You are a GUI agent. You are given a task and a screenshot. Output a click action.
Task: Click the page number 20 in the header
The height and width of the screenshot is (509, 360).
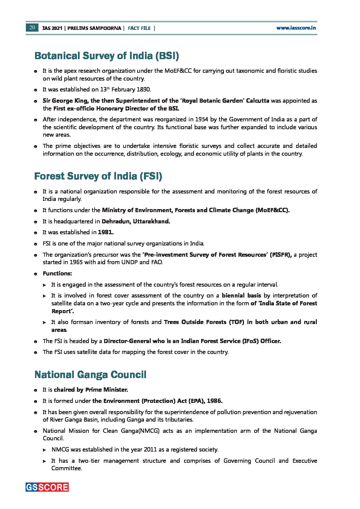click(32, 28)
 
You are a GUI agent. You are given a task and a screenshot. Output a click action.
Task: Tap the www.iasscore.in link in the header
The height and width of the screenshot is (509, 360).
click(296, 28)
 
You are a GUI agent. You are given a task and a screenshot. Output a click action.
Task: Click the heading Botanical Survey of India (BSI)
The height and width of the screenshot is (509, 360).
click(107, 56)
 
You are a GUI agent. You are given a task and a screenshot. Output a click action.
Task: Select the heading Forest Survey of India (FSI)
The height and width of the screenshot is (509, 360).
click(98, 176)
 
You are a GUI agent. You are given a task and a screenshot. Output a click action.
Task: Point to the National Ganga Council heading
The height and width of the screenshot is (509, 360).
click(90, 375)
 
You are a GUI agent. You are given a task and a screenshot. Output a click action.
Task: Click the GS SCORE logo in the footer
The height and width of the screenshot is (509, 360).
click(47, 487)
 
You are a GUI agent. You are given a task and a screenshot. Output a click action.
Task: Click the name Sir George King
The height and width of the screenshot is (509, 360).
click(66, 101)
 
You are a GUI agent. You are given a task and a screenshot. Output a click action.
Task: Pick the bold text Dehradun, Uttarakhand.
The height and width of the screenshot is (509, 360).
click(136, 221)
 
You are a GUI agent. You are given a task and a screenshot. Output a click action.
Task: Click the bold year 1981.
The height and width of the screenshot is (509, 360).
click(106, 232)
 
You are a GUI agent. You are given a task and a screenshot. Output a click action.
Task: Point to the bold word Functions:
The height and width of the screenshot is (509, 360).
click(57, 273)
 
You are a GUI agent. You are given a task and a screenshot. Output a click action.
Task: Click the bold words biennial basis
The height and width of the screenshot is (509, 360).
click(241, 295)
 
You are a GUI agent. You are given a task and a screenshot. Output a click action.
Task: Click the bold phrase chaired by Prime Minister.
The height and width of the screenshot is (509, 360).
click(91, 390)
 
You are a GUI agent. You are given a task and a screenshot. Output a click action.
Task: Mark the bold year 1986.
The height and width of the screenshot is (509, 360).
click(214, 401)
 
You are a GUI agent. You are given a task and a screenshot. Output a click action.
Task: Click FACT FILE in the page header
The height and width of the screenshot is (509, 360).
click(139, 28)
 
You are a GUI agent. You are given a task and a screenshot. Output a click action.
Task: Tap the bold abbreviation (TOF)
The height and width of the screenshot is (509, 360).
click(236, 322)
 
